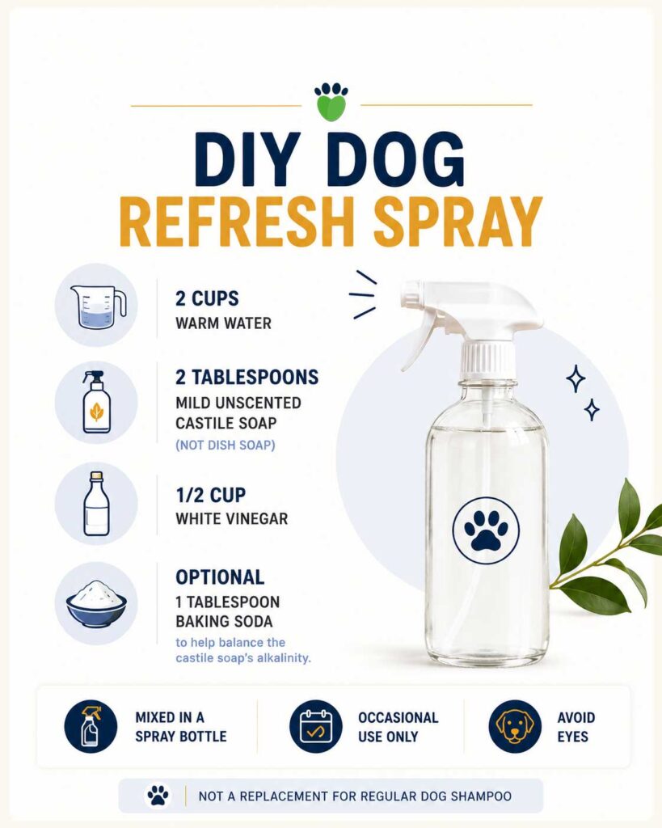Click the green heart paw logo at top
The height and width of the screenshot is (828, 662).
pos(331,101)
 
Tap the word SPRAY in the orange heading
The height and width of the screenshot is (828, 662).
pos(457,222)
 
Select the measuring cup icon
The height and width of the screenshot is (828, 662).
pos(98,306)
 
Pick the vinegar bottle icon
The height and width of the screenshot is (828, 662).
pos(97,503)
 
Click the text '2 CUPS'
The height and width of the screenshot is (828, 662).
pos(207,298)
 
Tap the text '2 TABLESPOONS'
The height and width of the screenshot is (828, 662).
pos(247,377)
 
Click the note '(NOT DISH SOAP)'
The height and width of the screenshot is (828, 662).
pos(226,446)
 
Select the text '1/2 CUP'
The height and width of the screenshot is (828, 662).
pos(211,495)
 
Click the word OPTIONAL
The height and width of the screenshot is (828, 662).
pos(220,577)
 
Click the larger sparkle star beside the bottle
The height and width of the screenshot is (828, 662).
pos(576,378)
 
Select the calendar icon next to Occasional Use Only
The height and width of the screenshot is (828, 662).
pos(316,726)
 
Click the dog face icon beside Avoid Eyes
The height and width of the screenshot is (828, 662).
pos(515,726)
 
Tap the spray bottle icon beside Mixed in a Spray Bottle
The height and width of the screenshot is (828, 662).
pos(91,726)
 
